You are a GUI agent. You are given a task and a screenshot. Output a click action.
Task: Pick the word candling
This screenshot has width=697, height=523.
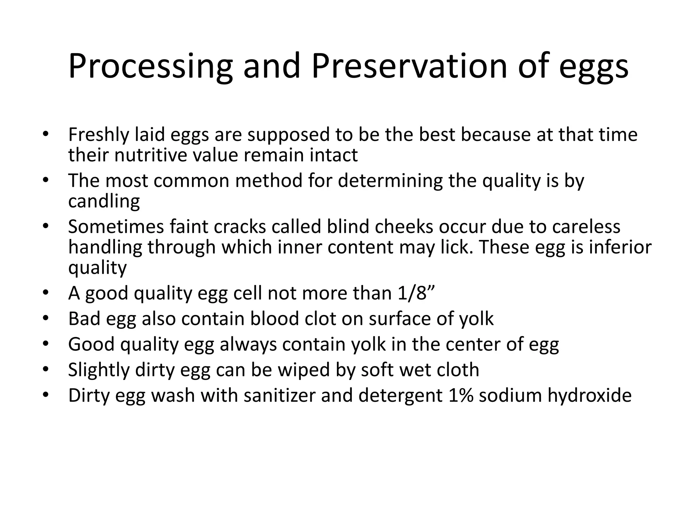pos(104,201)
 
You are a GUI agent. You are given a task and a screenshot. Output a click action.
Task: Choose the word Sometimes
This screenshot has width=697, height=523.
pos(116,227)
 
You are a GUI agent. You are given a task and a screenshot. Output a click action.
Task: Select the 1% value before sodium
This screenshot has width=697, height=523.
pos(461,396)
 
